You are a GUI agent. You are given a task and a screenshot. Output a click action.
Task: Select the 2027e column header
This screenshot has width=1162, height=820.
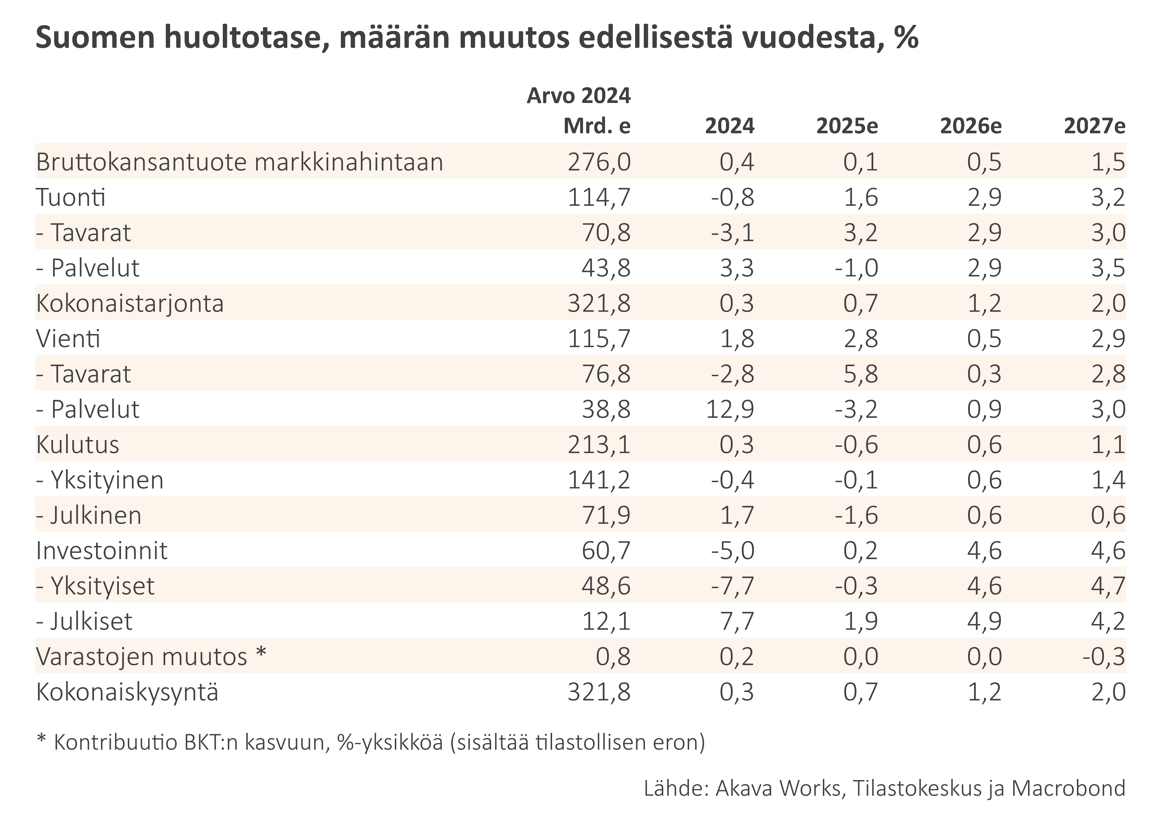(x=1094, y=126)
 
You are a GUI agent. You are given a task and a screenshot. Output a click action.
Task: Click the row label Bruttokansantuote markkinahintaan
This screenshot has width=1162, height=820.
(x=239, y=162)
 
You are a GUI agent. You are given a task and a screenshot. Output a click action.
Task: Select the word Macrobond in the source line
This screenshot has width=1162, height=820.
(x=1068, y=788)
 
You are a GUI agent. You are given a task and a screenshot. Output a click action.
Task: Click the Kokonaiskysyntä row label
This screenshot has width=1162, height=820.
(x=127, y=692)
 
